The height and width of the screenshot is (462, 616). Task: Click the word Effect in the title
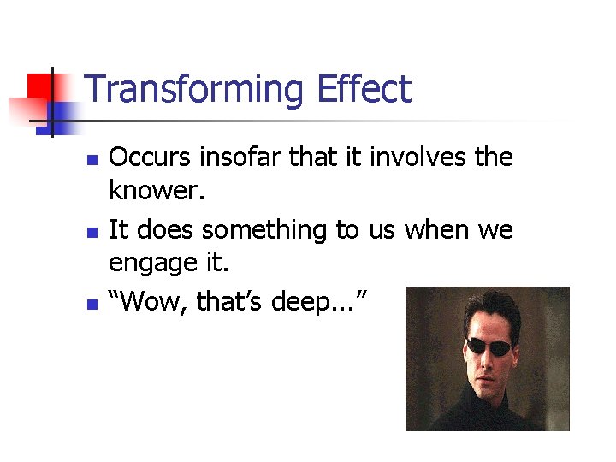point(364,89)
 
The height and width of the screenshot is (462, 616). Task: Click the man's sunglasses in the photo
point(489,346)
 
